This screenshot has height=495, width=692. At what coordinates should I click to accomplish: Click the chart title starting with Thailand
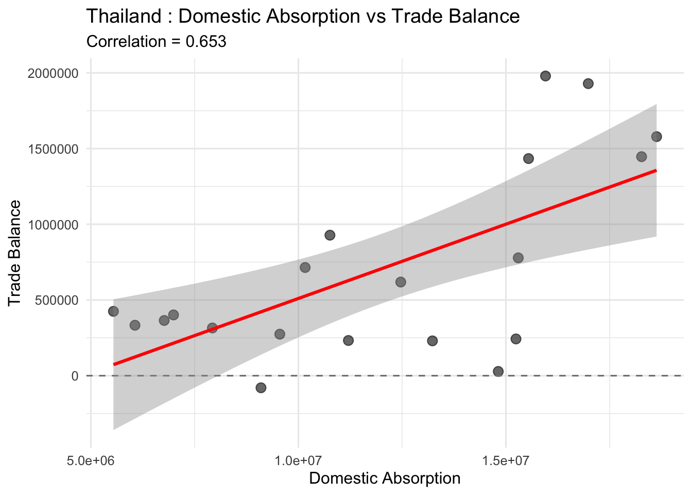tap(303, 16)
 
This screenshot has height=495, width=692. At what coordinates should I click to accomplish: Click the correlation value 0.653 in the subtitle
tap(205, 42)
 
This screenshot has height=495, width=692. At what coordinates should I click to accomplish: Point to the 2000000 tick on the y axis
tap(54, 73)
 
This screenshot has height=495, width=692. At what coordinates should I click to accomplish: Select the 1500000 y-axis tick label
tap(54, 149)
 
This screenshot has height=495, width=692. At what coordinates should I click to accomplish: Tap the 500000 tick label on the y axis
tap(57, 300)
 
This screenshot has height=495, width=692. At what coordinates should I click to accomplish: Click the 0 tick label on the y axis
tap(75, 376)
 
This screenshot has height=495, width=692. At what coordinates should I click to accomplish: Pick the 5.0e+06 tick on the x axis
tap(91, 459)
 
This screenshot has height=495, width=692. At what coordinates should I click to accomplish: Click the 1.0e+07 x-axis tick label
tap(299, 459)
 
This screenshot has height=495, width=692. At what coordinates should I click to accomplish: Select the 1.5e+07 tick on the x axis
tap(506, 459)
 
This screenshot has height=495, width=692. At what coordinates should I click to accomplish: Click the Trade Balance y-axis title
tap(15, 253)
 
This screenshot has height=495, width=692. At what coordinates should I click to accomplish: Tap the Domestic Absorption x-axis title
tap(385, 478)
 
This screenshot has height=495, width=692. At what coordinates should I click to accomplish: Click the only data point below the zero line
tap(261, 388)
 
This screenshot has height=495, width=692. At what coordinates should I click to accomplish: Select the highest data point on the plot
tap(546, 76)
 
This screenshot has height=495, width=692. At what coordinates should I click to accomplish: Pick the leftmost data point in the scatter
tap(113, 311)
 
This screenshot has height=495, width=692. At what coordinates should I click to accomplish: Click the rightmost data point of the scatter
tap(656, 137)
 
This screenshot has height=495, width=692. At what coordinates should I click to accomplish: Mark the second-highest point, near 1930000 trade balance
tap(588, 84)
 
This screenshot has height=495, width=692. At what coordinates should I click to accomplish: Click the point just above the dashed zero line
tap(498, 371)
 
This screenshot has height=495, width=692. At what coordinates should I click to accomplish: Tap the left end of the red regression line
tap(114, 364)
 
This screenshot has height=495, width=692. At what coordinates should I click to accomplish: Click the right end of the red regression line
tap(656, 170)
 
